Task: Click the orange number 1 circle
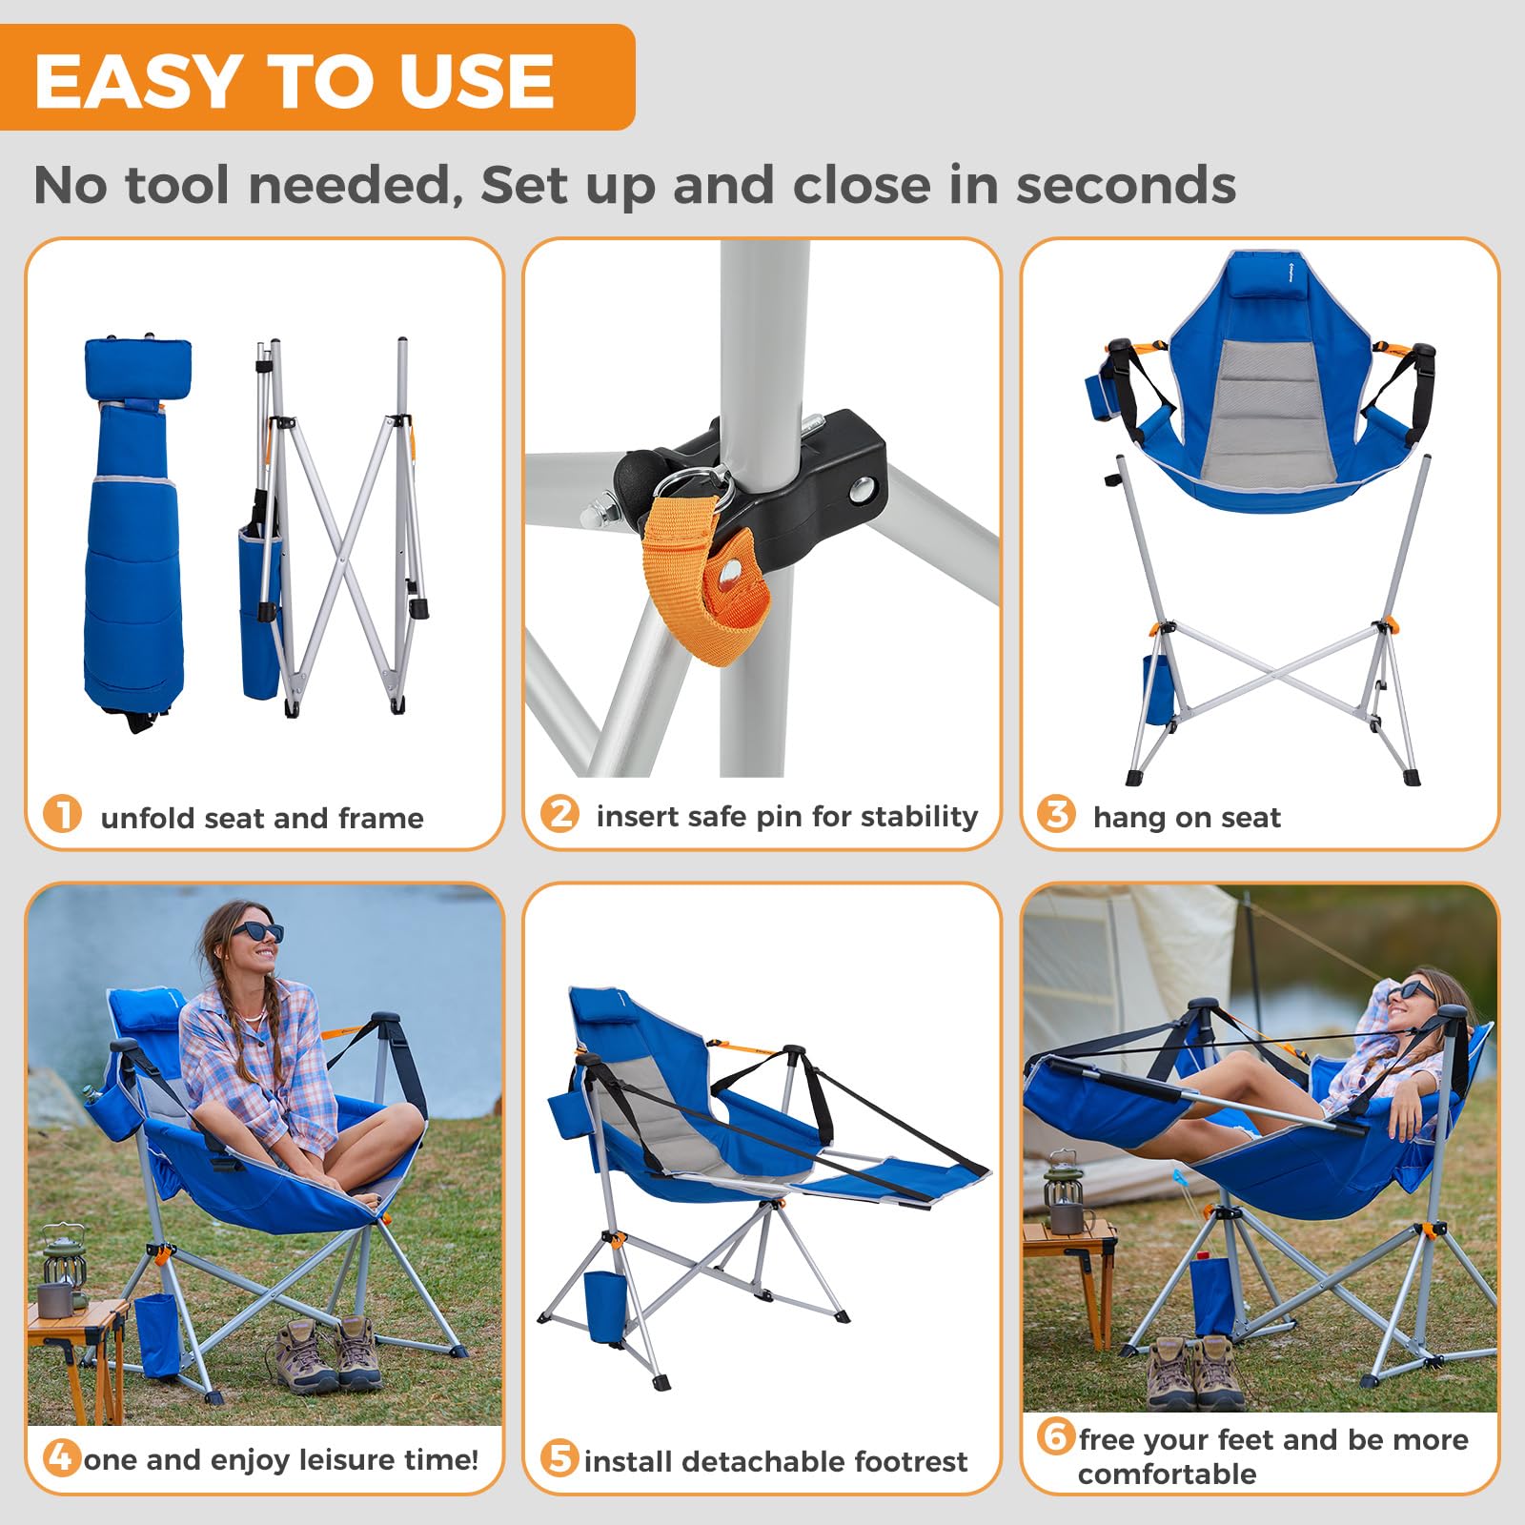coord(63,816)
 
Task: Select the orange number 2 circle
coord(560,814)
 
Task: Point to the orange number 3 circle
coord(1057,814)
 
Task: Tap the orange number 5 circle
coord(559,1458)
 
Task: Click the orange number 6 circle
coord(1056,1435)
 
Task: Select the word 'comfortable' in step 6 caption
coord(1167,1474)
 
